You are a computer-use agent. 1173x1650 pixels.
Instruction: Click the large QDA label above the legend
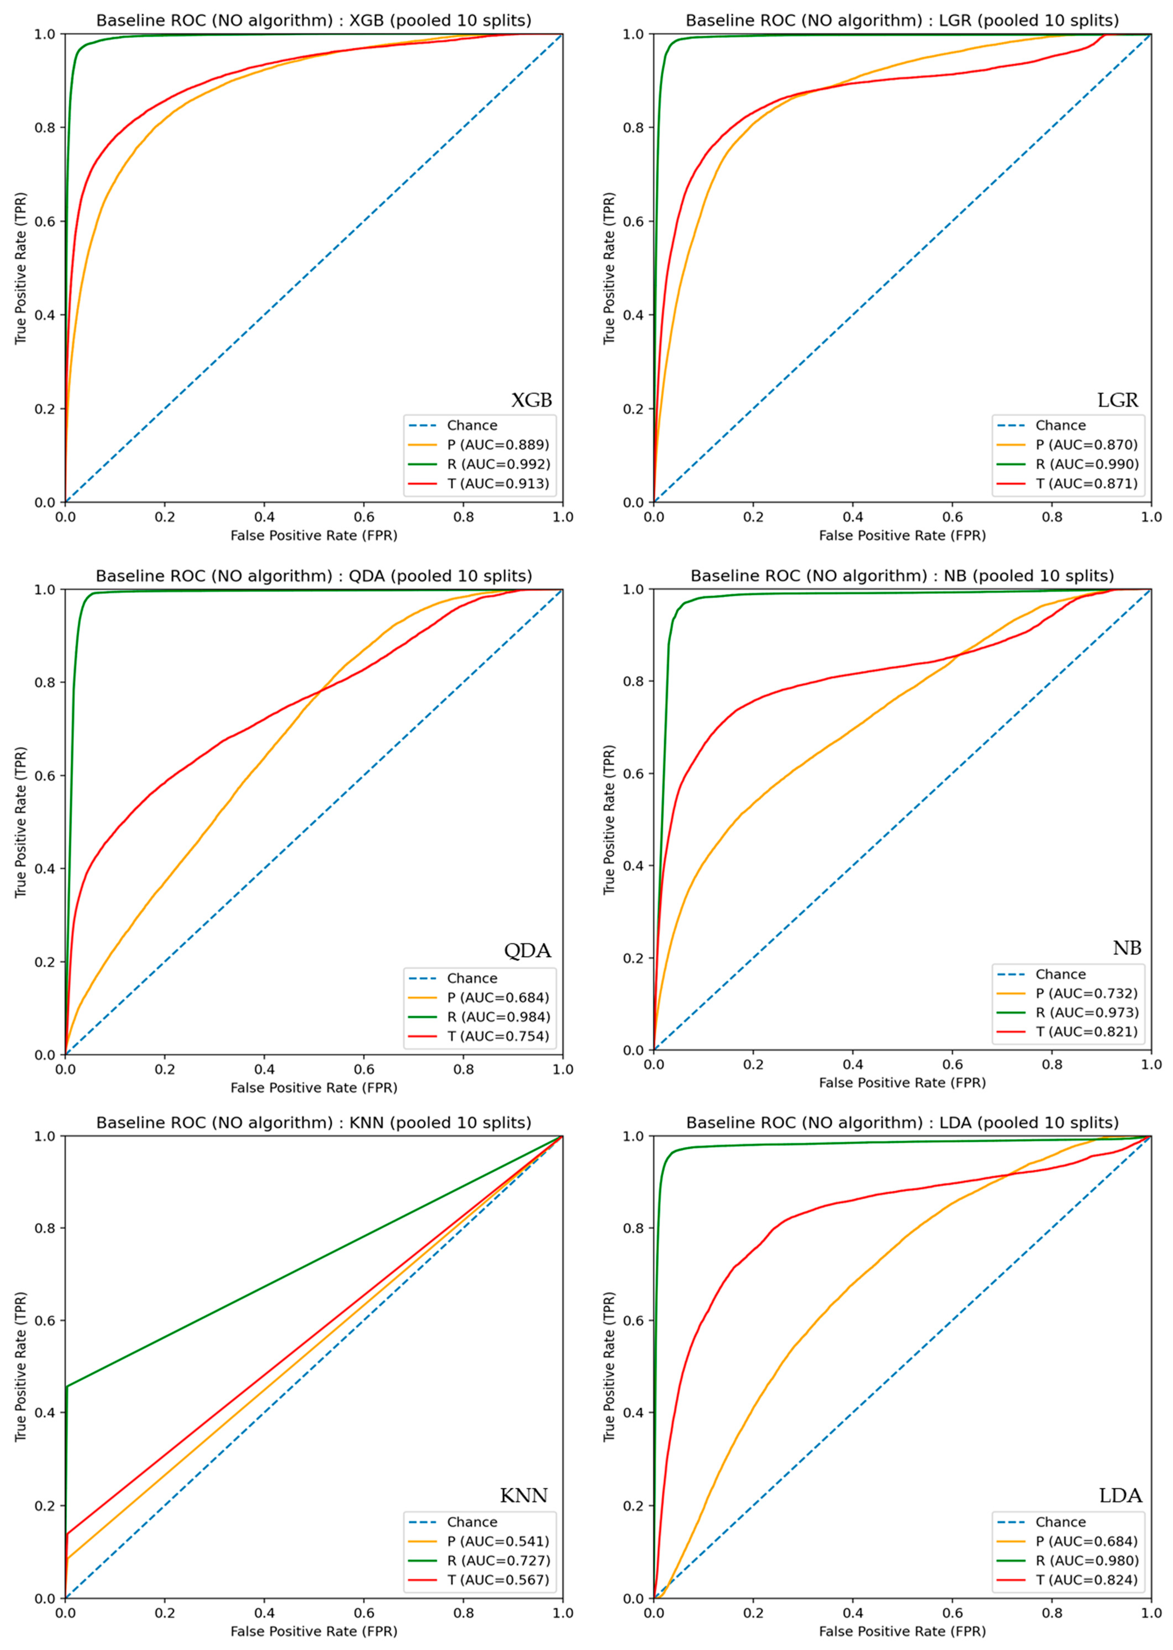pyautogui.click(x=527, y=951)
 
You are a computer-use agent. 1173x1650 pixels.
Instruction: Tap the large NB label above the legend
pyautogui.click(x=1127, y=948)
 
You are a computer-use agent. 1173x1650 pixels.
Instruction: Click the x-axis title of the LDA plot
pyautogui.click(x=902, y=1631)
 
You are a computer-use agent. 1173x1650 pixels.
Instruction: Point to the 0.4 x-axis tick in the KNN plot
pyautogui.click(x=264, y=1613)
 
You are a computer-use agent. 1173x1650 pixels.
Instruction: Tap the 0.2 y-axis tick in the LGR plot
pyautogui.click(x=634, y=409)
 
